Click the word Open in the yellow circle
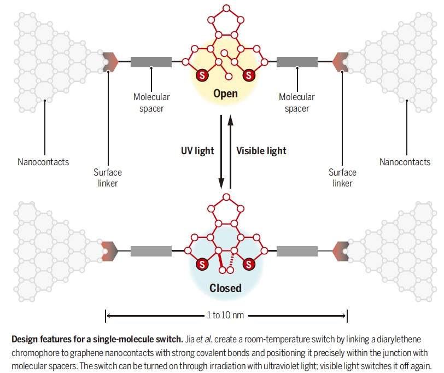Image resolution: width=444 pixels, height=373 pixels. coord(225,94)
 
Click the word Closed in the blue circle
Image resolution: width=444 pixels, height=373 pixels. coord(225,288)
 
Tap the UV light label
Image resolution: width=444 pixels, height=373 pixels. coord(197,150)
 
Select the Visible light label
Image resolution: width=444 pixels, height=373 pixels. coord(261,150)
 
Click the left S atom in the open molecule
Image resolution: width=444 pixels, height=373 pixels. coord(201,75)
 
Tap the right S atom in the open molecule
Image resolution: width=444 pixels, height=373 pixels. coord(249,75)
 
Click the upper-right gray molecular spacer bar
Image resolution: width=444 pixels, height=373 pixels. coord(297,62)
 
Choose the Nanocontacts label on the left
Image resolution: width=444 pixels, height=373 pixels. coord(43,162)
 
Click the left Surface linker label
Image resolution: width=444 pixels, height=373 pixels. coord(107,178)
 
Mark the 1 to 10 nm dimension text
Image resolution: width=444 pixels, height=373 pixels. coord(225,316)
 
